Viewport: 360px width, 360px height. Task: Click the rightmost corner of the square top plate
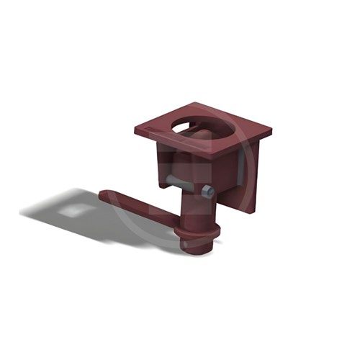coord(271,132)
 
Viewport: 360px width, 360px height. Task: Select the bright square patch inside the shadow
coord(71,210)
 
